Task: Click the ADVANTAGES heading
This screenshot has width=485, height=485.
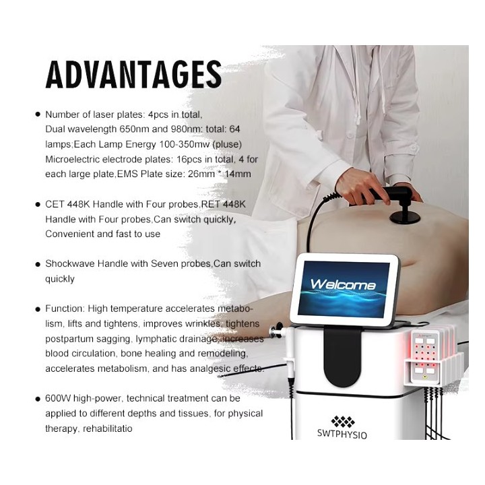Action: point(133,75)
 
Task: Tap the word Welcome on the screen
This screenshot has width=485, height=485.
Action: point(343,284)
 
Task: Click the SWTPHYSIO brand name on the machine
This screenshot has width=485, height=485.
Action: point(342,434)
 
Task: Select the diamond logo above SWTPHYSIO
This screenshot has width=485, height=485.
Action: point(343,421)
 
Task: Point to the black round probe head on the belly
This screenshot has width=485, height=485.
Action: point(404,218)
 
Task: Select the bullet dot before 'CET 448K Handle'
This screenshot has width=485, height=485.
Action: point(38,205)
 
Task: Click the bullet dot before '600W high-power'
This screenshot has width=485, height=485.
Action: point(38,399)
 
